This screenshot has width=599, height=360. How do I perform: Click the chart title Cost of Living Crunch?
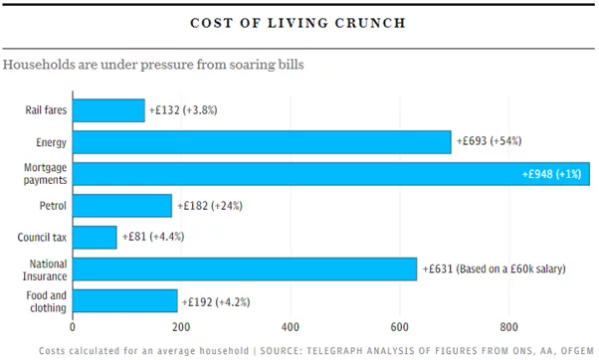click(299, 21)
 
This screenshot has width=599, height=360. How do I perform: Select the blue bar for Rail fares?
click(108, 110)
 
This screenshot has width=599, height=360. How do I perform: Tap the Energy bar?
click(262, 142)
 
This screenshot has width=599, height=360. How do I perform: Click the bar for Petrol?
click(122, 206)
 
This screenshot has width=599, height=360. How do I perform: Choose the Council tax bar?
click(95, 238)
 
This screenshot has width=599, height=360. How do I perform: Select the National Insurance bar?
click(245, 270)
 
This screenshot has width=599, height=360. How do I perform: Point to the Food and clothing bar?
click(124, 300)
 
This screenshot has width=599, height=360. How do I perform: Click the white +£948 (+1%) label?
click(553, 174)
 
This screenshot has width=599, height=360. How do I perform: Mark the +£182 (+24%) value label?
click(209, 206)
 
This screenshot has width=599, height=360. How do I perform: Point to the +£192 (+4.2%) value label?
click(218, 301)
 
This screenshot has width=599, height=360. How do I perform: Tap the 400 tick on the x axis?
click(291, 326)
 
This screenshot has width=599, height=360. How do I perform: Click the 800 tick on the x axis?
click(509, 326)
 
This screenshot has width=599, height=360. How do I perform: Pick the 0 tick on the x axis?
click(73, 326)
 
